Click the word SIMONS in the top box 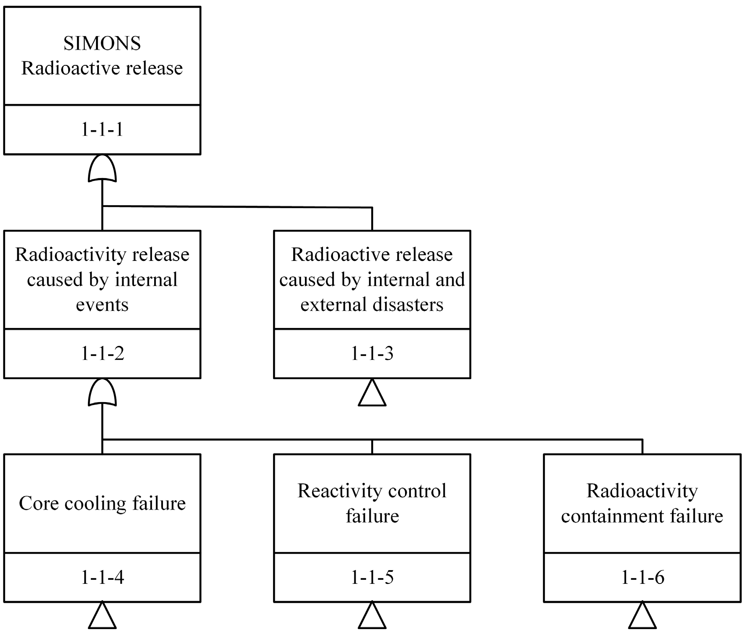point(102,44)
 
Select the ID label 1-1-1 point(102,129)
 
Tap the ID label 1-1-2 point(102,354)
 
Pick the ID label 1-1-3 point(372,354)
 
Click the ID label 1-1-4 point(102,578)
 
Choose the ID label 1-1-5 point(372,578)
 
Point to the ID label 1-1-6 point(642,578)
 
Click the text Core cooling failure point(102,503)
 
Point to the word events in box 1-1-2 point(102,305)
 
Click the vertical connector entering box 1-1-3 point(372,219)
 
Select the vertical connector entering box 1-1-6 point(642,447)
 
